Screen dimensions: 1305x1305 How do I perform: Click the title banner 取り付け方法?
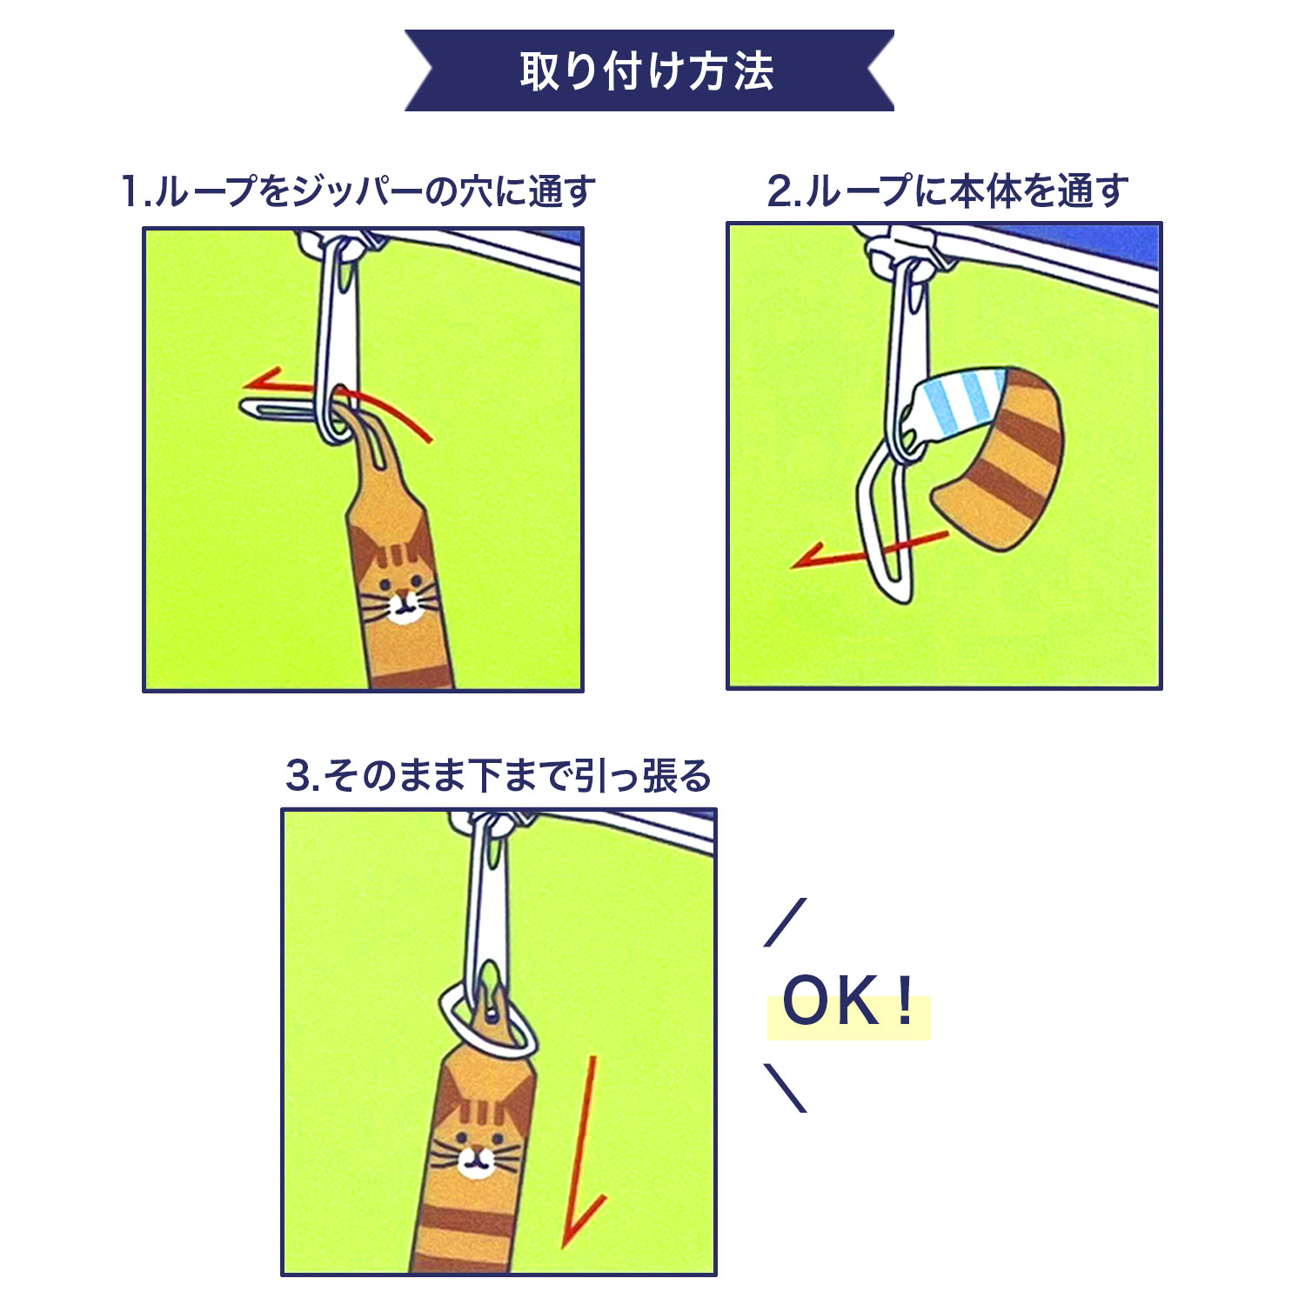tap(649, 70)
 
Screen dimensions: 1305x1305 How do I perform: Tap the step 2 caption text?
tap(947, 191)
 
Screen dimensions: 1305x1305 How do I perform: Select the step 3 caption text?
tap(499, 775)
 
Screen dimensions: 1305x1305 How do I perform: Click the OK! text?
tap(847, 1001)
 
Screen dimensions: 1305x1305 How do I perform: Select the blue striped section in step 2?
tap(961, 404)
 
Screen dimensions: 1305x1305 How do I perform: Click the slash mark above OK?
tap(786, 922)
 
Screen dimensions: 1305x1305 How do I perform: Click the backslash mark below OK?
tap(786, 1087)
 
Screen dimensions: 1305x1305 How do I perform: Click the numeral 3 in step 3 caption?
tap(298, 776)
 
